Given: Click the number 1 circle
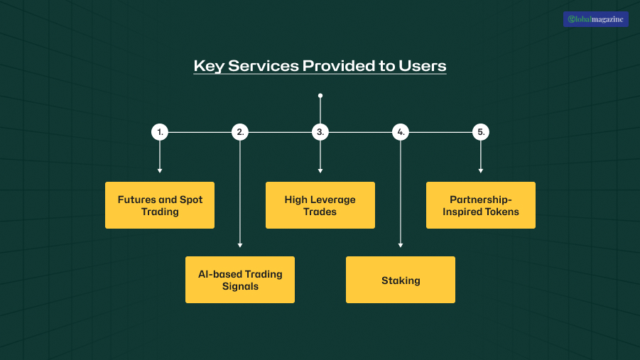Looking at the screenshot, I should pos(160,132).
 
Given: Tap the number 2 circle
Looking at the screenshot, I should pos(240,132).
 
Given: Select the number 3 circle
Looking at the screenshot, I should pos(320,132).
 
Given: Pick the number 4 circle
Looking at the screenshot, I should pos(401,132).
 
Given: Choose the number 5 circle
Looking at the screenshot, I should pos(481,132).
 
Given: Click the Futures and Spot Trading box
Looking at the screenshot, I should pos(160,205).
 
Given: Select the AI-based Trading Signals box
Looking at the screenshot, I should pos(240,280).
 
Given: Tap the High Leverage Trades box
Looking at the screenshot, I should pos(320,205).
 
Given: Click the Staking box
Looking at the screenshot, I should pos(401,280).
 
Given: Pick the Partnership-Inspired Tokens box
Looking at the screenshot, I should pos(481,205).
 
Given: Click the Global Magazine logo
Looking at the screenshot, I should pos(595,19).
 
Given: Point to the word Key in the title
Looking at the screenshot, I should pos(207,66).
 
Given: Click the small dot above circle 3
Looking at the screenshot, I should pos(320,95).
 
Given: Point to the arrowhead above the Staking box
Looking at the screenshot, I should pos(401,245).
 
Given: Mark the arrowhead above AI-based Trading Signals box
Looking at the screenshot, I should pos(240,245).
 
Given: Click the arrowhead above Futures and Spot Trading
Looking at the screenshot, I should pos(160,170).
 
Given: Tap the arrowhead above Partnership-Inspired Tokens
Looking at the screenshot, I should pos(481,170).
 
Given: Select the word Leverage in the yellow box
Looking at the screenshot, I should pos(333,200).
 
